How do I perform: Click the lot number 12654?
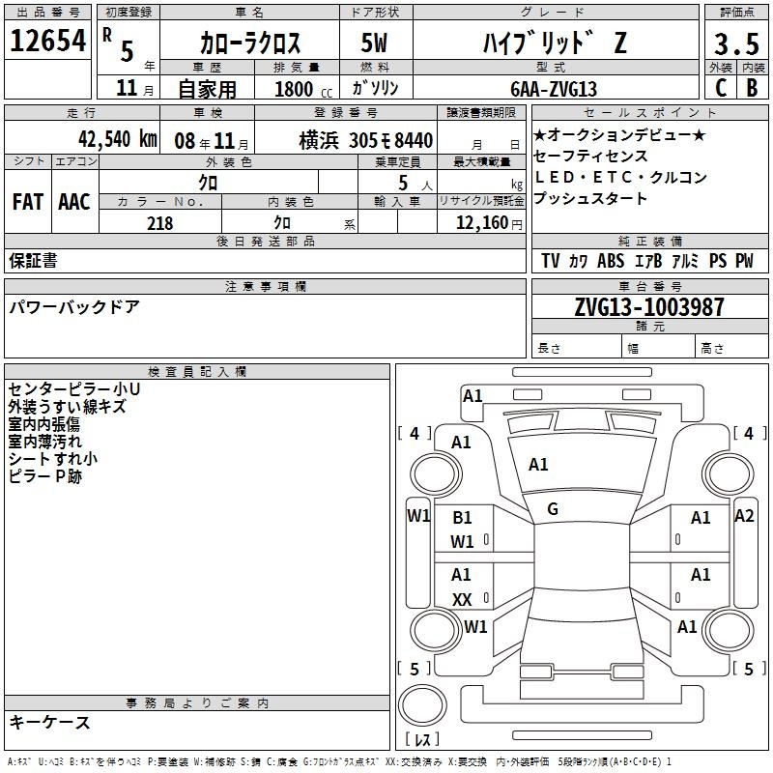pos(47,41)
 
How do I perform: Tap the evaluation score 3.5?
pos(736,43)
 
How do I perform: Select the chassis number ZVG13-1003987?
pos(649,307)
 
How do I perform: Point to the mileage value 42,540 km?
pos(118,139)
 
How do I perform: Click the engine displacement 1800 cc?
pos(303,89)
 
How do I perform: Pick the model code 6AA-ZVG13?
pos(554,89)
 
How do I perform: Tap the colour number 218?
pos(159,223)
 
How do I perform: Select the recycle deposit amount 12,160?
pos(481,223)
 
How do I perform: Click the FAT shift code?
pos(28,202)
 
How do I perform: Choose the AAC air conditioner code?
pos(74,202)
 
